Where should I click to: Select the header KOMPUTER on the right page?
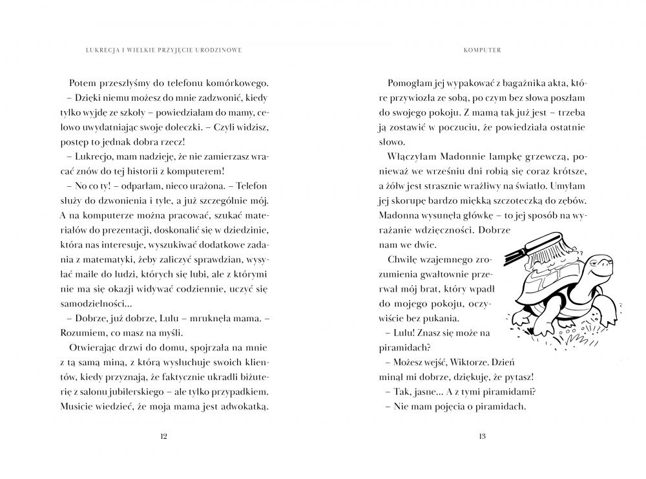pos(482,48)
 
